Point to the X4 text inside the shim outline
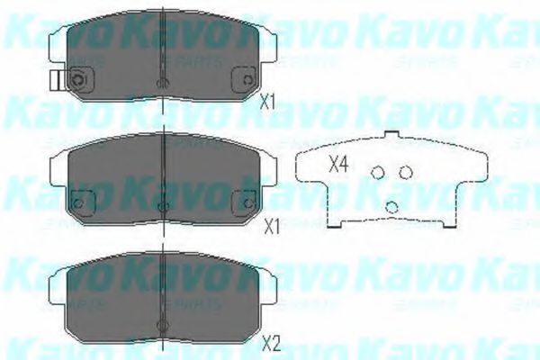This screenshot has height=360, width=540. [x=337, y=165]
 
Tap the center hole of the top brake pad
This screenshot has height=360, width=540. [x=161, y=84]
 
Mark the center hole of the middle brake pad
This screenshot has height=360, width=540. [x=161, y=207]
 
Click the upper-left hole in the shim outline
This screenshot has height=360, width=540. [x=379, y=173]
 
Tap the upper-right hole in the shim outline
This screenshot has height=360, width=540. [x=405, y=172]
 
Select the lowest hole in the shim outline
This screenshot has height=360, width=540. [x=391, y=206]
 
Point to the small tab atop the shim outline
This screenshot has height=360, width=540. [x=391, y=136]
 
